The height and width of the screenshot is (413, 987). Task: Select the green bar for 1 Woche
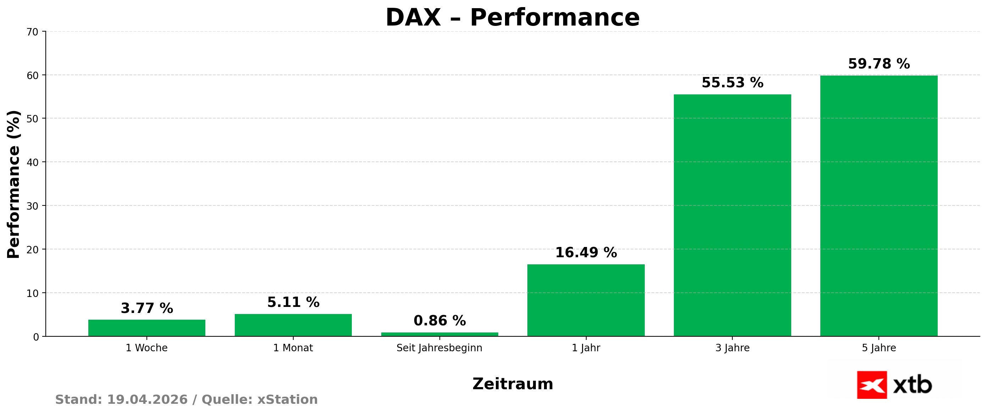click(x=147, y=328)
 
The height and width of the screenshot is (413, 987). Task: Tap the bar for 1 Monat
click(x=293, y=325)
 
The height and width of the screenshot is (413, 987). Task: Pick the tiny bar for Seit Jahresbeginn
click(x=439, y=334)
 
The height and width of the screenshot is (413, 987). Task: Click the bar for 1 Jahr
click(x=586, y=300)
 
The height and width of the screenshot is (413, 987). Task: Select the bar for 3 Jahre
click(x=732, y=215)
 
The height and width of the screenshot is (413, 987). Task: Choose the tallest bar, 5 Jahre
click(x=878, y=206)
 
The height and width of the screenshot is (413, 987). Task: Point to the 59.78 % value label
click(x=878, y=64)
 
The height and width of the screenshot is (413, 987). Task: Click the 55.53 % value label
click(x=732, y=82)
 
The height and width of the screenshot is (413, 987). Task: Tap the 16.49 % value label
click(x=586, y=252)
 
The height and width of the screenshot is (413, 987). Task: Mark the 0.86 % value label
click(x=439, y=321)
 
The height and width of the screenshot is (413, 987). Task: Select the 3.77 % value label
click(x=147, y=308)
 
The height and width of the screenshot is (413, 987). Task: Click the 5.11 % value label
click(x=293, y=302)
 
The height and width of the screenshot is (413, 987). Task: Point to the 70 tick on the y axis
click(x=33, y=32)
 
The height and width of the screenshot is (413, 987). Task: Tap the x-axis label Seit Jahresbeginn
click(x=439, y=348)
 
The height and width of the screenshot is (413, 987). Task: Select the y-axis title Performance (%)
click(x=14, y=184)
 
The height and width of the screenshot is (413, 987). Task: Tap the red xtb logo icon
click(x=872, y=385)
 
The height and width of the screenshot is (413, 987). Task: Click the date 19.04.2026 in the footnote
click(x=147, y=399)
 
